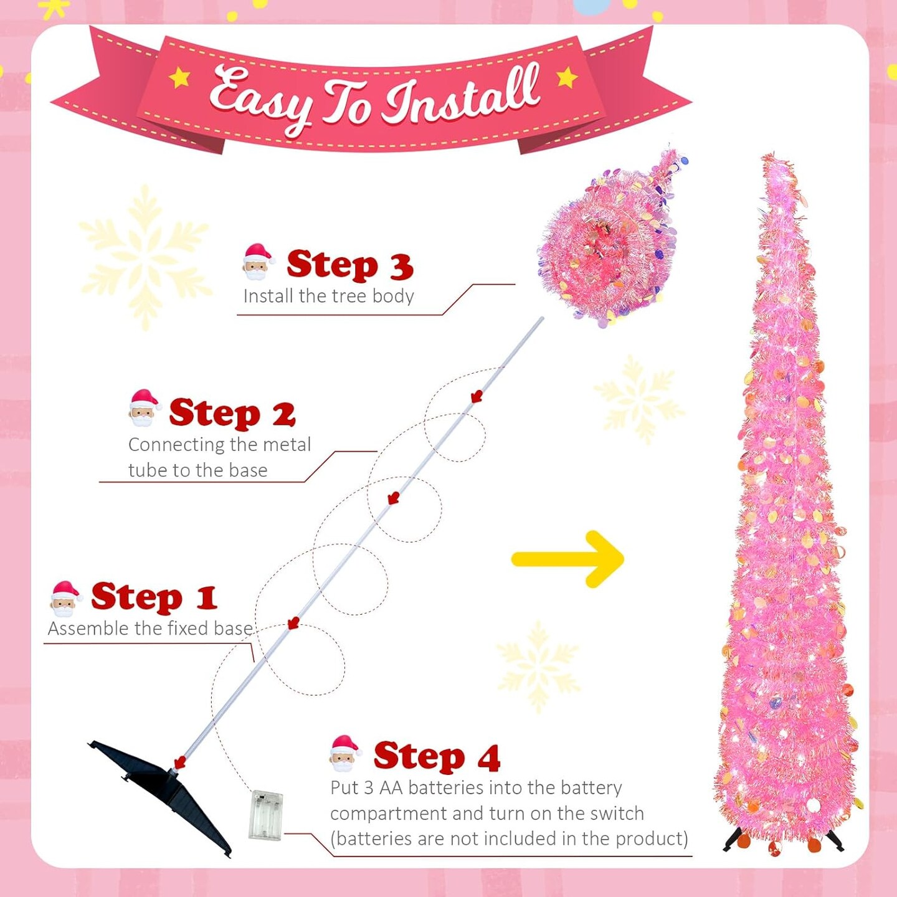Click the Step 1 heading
point(154,598)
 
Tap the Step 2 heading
point(232,413)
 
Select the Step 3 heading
point(350,265)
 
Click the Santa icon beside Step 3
point(259,262)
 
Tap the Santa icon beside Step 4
point(345,754)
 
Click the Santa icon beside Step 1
point(65,600)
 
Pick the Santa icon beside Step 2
point(145,408)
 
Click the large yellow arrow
point(568,559)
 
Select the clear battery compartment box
point(266,815)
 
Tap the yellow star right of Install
point(567,77)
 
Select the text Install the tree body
point(329,296)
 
